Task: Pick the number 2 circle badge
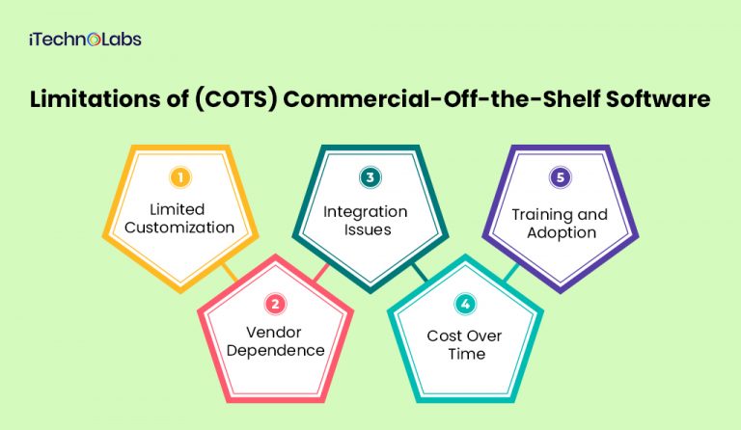pyautogui.click(x=276, y=305)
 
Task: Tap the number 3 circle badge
pyautogui.click(x=370, y=178)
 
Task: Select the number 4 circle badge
pyautogui.click(x=466, y=305)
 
